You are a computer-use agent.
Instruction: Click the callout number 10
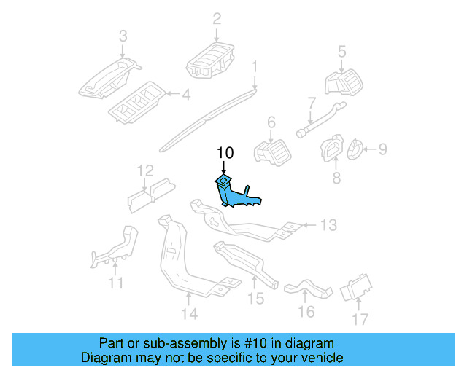point(225,153)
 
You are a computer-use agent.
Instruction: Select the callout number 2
point(217,17)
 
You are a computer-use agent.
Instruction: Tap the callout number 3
point(123,36)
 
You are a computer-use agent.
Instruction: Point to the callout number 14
point(189,314)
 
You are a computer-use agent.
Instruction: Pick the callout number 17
point(360,319)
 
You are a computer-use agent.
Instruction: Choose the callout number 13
point(329,225)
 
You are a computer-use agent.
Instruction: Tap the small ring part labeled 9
point(353,151)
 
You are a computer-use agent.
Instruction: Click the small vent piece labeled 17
point(357,288)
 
